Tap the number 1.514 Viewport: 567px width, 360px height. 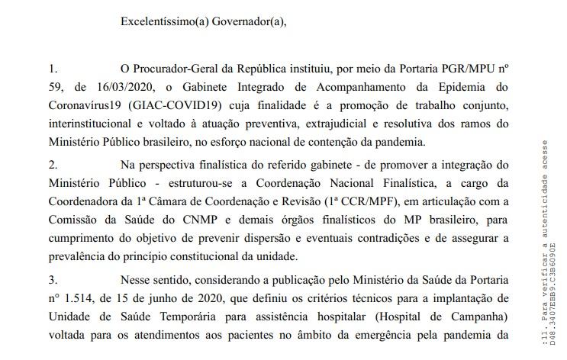[83, 297]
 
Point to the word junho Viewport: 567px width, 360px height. [159, 297]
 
